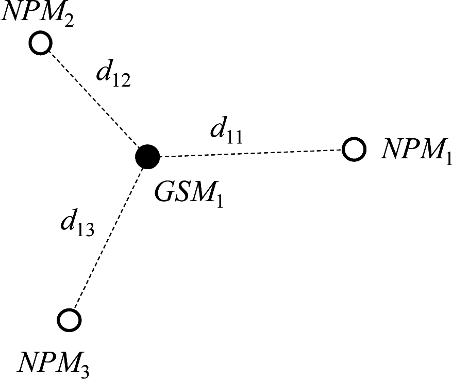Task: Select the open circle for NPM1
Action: click(x=354, y=150)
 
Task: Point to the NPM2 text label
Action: click(x=38, y=14)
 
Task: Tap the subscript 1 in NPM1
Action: click(x=447, y=158)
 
